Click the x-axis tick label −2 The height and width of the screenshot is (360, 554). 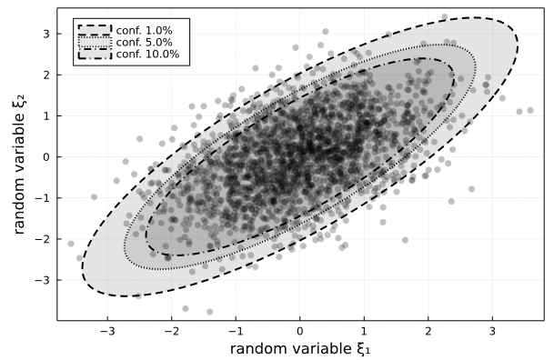click(171, 330)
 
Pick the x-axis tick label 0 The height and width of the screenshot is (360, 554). click(300, 330)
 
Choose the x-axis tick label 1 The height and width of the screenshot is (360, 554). click(364, 330)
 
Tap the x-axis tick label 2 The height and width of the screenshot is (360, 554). click(428, 330)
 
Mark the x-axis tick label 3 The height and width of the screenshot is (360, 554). click(492, 330)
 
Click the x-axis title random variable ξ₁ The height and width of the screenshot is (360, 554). click(300, 348)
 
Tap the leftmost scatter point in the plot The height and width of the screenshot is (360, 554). click(71, 244)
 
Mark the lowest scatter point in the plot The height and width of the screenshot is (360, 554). click(209, 312)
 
